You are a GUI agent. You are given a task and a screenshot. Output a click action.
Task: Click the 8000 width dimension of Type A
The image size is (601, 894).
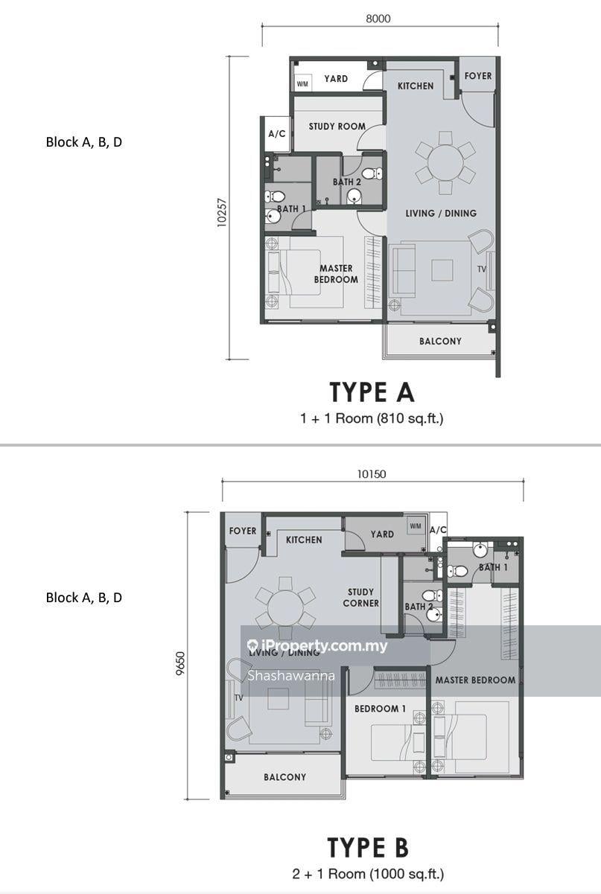(x=378, y=19)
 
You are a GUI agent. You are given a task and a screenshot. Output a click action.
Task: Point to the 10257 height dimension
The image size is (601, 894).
(x=222, y=212)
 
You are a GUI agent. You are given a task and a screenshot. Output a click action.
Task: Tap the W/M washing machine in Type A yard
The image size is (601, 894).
(x=302, y=84)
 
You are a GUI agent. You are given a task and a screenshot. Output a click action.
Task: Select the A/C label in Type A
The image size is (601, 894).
(x=277, y=133)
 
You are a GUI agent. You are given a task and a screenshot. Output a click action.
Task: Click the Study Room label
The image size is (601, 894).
(x=337, y=127)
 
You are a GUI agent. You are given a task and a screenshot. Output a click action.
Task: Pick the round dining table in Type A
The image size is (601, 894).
(x=445, y=163)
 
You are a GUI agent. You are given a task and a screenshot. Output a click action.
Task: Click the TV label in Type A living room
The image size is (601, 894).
(x=482, y=269)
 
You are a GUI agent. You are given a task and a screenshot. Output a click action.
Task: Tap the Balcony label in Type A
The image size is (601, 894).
(x=440, y=341)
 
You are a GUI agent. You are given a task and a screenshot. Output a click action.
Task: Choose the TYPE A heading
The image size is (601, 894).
(x=372, y=392)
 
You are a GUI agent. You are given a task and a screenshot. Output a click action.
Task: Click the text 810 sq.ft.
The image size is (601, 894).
(x=409, y=418)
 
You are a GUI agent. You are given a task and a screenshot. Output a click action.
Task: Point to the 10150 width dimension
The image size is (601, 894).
(x=372, y=474)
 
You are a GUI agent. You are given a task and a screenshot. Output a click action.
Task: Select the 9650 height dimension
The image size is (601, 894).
(x=180, y=663)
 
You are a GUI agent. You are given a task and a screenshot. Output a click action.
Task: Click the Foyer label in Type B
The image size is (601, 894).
(x=242, y=531)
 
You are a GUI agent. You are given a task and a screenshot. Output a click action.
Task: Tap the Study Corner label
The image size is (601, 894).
(x=360, y=598)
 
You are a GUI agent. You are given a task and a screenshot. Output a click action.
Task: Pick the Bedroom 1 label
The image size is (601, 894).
(x=380, y=709)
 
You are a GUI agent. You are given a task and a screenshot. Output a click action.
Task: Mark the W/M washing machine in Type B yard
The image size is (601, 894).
(x=416, y=526)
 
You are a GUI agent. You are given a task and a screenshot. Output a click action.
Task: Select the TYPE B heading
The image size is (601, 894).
(x=368, y=848)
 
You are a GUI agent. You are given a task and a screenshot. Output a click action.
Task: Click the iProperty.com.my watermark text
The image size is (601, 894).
(x=317, y=646)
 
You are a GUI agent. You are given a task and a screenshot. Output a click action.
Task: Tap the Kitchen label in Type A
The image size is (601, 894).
(x=416, y=86)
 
